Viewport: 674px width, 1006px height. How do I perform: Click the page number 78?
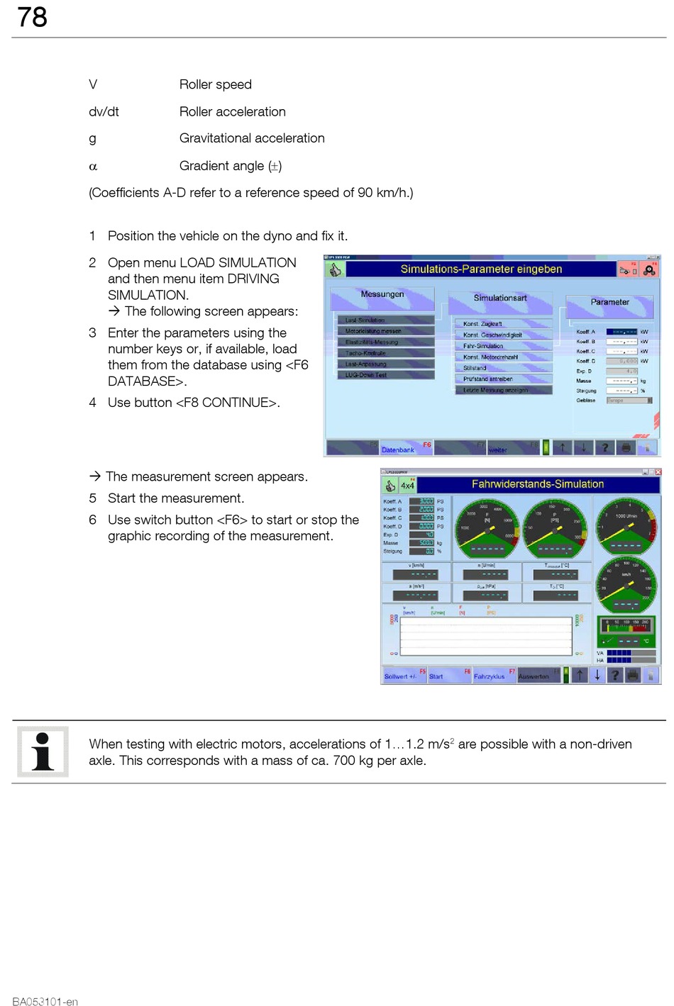point(32,17)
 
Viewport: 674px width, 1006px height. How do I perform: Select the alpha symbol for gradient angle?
point(92,167)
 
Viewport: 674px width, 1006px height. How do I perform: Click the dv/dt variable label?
point(104,112)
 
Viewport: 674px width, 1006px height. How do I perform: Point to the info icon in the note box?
point(43,751)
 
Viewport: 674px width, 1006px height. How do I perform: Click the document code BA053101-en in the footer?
point(45,1001)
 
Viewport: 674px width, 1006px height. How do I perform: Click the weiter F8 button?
point(512,448)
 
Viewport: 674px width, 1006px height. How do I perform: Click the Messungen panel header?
point(382,295)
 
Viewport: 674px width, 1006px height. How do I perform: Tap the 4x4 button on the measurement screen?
point(407,486)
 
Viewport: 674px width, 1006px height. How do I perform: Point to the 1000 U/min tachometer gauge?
point(626,527)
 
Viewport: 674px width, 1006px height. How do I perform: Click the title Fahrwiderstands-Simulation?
point(537,484)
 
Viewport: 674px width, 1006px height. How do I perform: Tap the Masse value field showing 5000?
point(426,543)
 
